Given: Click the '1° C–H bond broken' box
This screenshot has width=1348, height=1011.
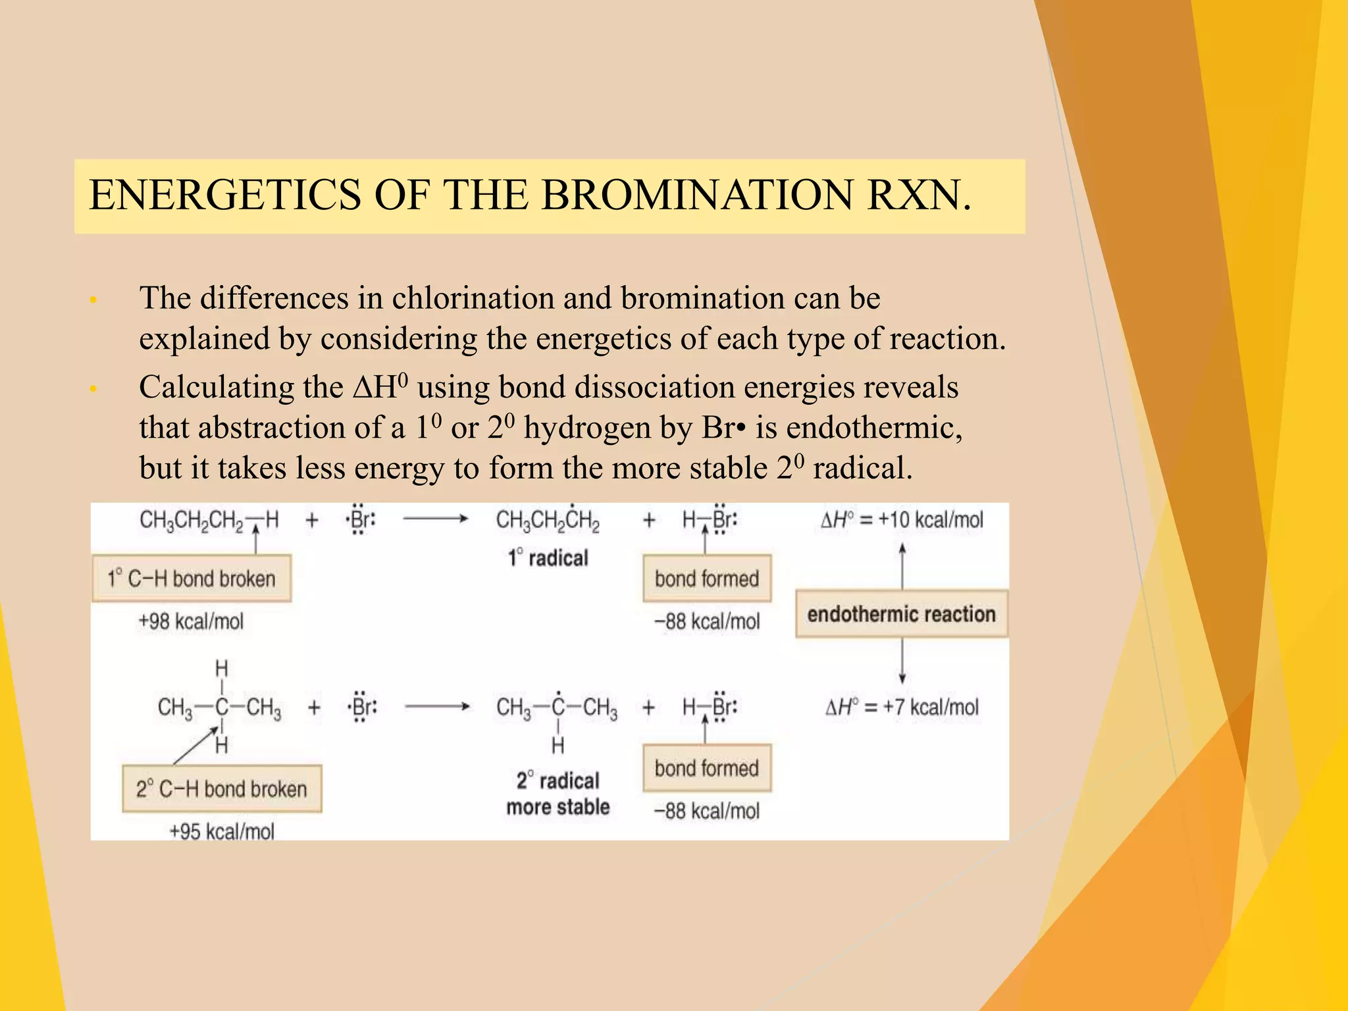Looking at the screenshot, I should pyautogui.click(x=192, y=579).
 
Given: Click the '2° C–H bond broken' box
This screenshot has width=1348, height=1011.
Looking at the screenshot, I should pyautogui.click(x=222, y=789).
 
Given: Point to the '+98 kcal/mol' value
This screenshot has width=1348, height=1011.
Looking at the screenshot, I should pyautogui.click(x=191, y=621).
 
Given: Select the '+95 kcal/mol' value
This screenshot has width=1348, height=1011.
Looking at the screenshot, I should pyautogui.click(x=222, y=831).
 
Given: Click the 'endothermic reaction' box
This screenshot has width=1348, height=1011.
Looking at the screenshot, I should pyautogui.click(x=901, y=614).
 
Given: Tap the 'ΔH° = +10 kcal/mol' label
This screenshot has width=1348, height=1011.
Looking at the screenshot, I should pyautogui.click(x=902, y=520).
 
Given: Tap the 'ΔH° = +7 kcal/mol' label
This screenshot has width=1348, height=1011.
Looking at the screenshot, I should pyautogui.click(x=902, y=708).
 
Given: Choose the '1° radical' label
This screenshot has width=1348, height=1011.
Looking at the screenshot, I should pyautogui.click(x=548, y=558).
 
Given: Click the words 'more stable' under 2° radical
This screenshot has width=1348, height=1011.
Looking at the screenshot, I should pyautogui.click(x=557, y=807).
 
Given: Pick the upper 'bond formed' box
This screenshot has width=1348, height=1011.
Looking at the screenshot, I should pyautogui.click(x=707, y=579).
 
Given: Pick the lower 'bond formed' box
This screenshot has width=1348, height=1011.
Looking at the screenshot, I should pyautogui.click(x=707, y=768).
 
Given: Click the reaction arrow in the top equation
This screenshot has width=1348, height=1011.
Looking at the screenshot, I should pyautogui.click(x=435, y=519).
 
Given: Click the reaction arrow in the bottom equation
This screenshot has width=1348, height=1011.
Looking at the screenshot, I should pyautogui.click(x=437, y=707).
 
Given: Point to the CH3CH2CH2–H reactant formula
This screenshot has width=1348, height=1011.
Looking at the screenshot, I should pyautogui.click(x=209, y=521).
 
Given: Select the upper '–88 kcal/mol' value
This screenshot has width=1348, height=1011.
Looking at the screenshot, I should pyautogui.click(x=707, y=621).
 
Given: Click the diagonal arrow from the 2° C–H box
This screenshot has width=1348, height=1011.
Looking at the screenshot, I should pyautogui.click(x=195, y=745).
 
